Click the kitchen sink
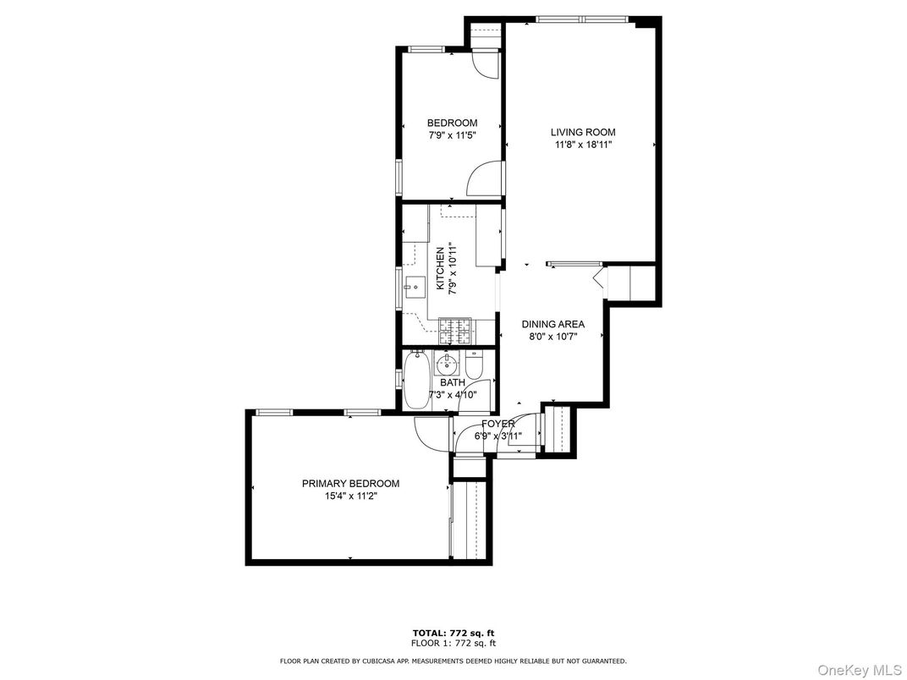pos(414,288)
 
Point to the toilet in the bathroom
pos(474,365)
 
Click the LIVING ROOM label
pos(583,132)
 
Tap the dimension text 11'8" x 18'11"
pos(583,145)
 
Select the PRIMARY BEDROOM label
pos(350,484)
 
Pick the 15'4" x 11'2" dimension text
pos(350,496)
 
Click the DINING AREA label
pos(552,324)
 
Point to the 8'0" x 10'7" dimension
pos(552,337)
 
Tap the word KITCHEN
pos(440,269)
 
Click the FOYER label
pos(498,424)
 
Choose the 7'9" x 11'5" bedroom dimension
pos(452,135)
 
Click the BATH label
pos(452,382)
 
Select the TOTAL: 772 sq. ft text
pos(453,633)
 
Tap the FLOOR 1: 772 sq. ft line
pos(453,644)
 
